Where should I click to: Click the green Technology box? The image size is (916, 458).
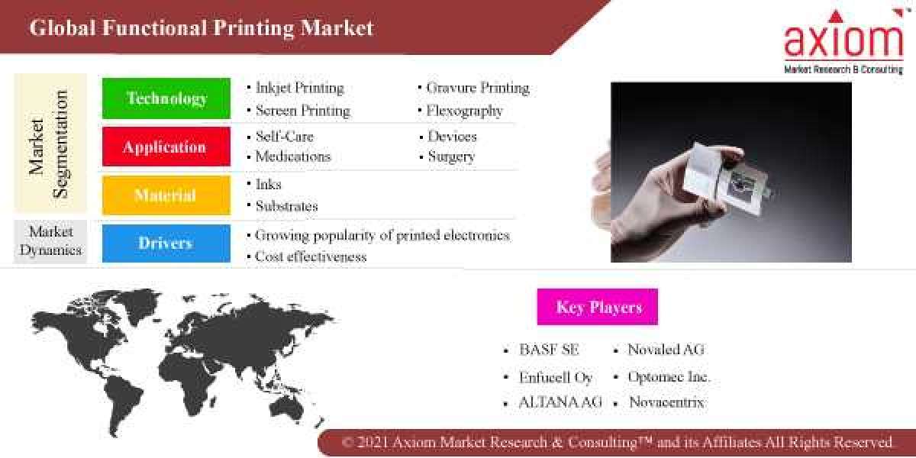point(166,98)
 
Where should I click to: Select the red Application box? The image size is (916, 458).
point(166,147)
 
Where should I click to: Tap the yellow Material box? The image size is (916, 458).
point(166,195)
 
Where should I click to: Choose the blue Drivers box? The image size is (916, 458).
point(166,244)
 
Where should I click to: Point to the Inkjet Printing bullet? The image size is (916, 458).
point(299,88)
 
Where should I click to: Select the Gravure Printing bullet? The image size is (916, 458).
point(477,88)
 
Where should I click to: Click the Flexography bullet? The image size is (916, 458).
point(464,111)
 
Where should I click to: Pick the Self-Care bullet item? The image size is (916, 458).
point(284,137)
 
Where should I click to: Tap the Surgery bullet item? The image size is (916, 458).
point(450,156)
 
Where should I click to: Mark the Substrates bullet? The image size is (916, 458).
point(286,206)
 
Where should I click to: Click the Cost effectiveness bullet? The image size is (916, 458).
point(311,256)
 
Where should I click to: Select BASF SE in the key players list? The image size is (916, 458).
point(549,350)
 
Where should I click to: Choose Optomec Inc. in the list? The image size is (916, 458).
point(669,377)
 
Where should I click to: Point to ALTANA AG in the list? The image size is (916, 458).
point(560,402)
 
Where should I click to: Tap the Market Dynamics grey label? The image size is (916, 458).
point(50,240)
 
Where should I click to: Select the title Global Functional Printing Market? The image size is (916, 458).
point(202,28)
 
